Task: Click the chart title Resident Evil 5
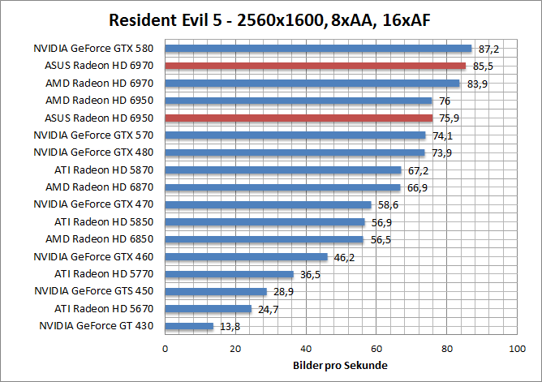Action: pos(270,19)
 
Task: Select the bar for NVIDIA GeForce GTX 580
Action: pos(318,49)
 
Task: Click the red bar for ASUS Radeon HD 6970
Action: pos(315,66)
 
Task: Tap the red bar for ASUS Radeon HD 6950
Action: pos(299,118)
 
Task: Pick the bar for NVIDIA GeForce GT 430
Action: pos(189,326)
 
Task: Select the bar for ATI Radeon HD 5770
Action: pos(229,274)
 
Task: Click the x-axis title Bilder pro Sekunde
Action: pos(340,366)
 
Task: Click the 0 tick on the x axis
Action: pos(166,348)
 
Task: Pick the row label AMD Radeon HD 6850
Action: pos(105,239)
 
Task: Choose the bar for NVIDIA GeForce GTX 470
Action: pos(268,204)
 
